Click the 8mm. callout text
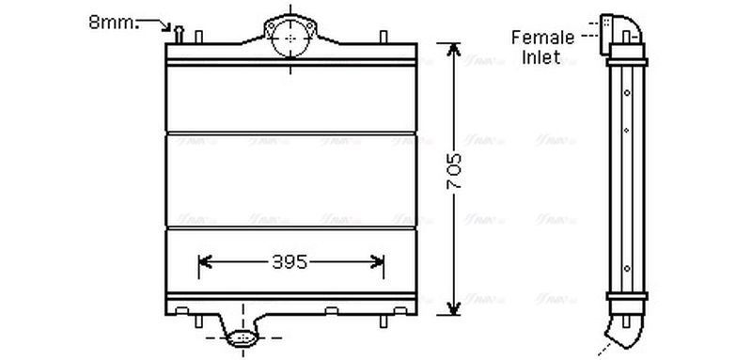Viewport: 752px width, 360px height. tap(114, 21)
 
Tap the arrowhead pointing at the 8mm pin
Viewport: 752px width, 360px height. tap(173, 29)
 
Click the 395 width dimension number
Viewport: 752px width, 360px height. tap(289, 264)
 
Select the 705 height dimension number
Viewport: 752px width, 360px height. tap(452, 174)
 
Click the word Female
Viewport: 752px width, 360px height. tap(542, 38)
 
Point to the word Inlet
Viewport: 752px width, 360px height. tap(542, 56)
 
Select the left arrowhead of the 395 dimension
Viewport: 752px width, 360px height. tap(203, 264)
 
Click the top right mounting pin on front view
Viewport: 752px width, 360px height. tap(383, 38)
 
